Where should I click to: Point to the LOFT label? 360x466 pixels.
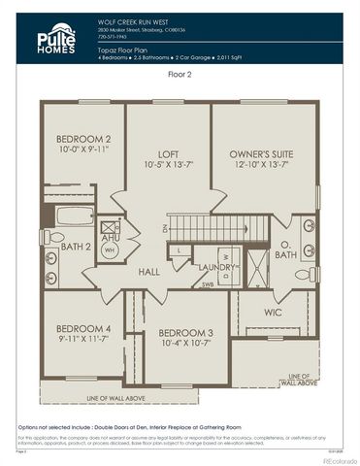click(x=168, y=153)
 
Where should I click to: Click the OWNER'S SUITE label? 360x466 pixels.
click(x=260, y=153)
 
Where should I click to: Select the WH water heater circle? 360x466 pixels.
click(x=110, y=250)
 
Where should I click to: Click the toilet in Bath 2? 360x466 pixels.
click(x=54, y=237)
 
